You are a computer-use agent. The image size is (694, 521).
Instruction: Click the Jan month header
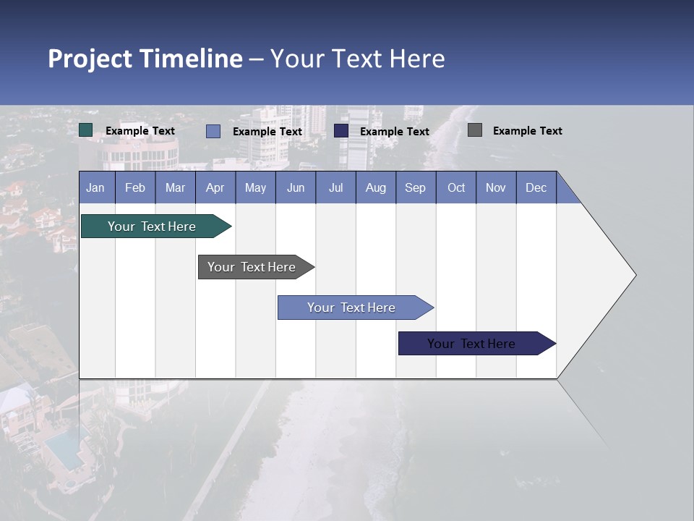(x=96, y=187)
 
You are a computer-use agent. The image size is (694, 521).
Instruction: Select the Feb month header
(x=135, y=187)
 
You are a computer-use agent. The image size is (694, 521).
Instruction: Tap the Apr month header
(x=215, y=187)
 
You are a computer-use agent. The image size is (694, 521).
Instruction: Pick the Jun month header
(x=296, y=187)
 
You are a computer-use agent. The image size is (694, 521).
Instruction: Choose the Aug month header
(x=375, y=187)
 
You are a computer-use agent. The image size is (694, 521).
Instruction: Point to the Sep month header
(x=415, y=187)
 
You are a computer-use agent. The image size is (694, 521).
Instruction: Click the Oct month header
(x=456, y=187)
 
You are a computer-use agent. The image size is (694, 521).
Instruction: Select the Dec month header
(x=536, y=187)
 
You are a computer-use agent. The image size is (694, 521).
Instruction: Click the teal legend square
(x=86, y=130)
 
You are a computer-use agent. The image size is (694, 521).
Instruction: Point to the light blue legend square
(x=213, y=131)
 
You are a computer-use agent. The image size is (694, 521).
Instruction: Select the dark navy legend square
(x=341, y=130)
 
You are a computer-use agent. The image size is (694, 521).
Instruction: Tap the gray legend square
(x=475, y=130)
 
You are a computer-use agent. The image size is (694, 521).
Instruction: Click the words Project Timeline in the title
(x=145, y=59)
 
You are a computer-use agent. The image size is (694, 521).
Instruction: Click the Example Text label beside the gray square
(x=527, y=131)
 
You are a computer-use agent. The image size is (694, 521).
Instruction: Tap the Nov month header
(x=496, y=187)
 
